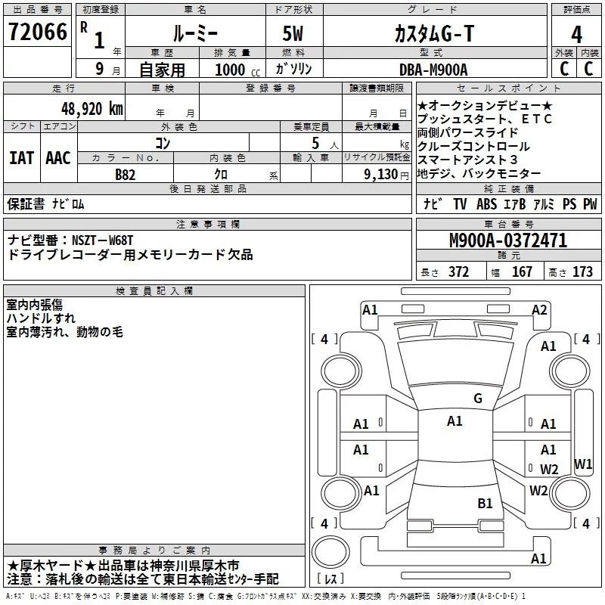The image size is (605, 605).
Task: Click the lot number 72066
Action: coord(37,33)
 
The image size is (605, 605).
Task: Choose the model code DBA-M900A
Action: coord(433,70)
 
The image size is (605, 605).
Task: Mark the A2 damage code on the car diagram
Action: coord(539,309)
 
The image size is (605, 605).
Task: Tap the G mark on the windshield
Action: coord(477,399)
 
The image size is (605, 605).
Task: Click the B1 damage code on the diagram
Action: coord(485,503)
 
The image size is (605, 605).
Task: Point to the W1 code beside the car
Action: coord(583,464)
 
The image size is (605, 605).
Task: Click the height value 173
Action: coord(582,272)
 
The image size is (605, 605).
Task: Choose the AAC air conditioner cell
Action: coord(58,158)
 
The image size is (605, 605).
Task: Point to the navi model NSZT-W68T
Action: coord(103,240)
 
